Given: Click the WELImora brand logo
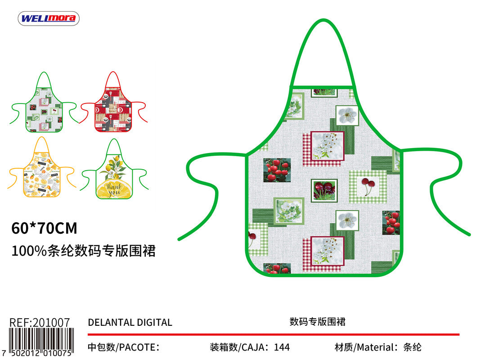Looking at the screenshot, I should (x=49, y=18).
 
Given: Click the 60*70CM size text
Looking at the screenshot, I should (x=44, y=229).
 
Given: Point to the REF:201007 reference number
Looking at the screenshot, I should (x=40, y=323).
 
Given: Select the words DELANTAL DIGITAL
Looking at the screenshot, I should (x=130, y=323).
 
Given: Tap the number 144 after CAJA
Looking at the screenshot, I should (x=282, y=347).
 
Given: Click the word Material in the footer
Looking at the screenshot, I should (x=376, y=347).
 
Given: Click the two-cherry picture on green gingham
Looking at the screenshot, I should (x=368, y=186).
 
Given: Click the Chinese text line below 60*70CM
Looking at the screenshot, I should (x=83, y=251).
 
